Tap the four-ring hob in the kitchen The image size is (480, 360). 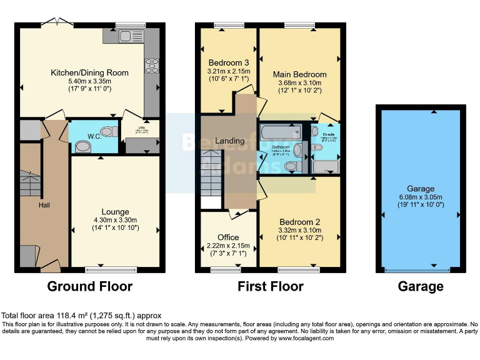pyautogui.click(x=152, y=65)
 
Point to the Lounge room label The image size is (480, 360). pyautogui.click(x=115, y=212)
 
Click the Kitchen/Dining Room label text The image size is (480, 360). pyautogui.click(x=89, y=72)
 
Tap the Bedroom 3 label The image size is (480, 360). pyautogui.click(x=229, y=62)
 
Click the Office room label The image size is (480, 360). pyautogui.click(x=228, y=237)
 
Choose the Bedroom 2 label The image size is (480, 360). pyautogui.click(x=300, y=222)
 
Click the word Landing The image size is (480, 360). pyautogui.click(x=229, y=141)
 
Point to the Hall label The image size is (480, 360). pyautogui.click(x=44, y=205)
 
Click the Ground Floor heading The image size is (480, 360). pyautogui.click(x=90, y=286)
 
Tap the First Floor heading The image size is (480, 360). pyautogui.click(x=271, y=286)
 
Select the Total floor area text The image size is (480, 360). pyautogui.click(x=82, y=315)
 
